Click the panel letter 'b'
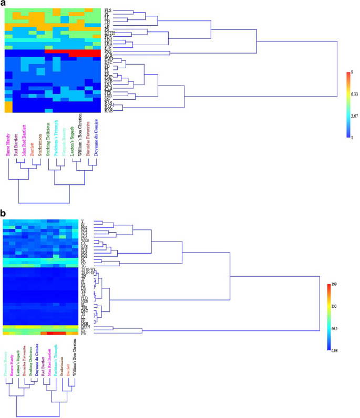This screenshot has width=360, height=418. point(4,214)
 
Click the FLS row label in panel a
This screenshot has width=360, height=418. point(108,10)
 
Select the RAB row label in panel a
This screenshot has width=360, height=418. point(109,111)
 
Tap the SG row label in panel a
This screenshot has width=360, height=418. point(108,98)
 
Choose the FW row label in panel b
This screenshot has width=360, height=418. point(84,333)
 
